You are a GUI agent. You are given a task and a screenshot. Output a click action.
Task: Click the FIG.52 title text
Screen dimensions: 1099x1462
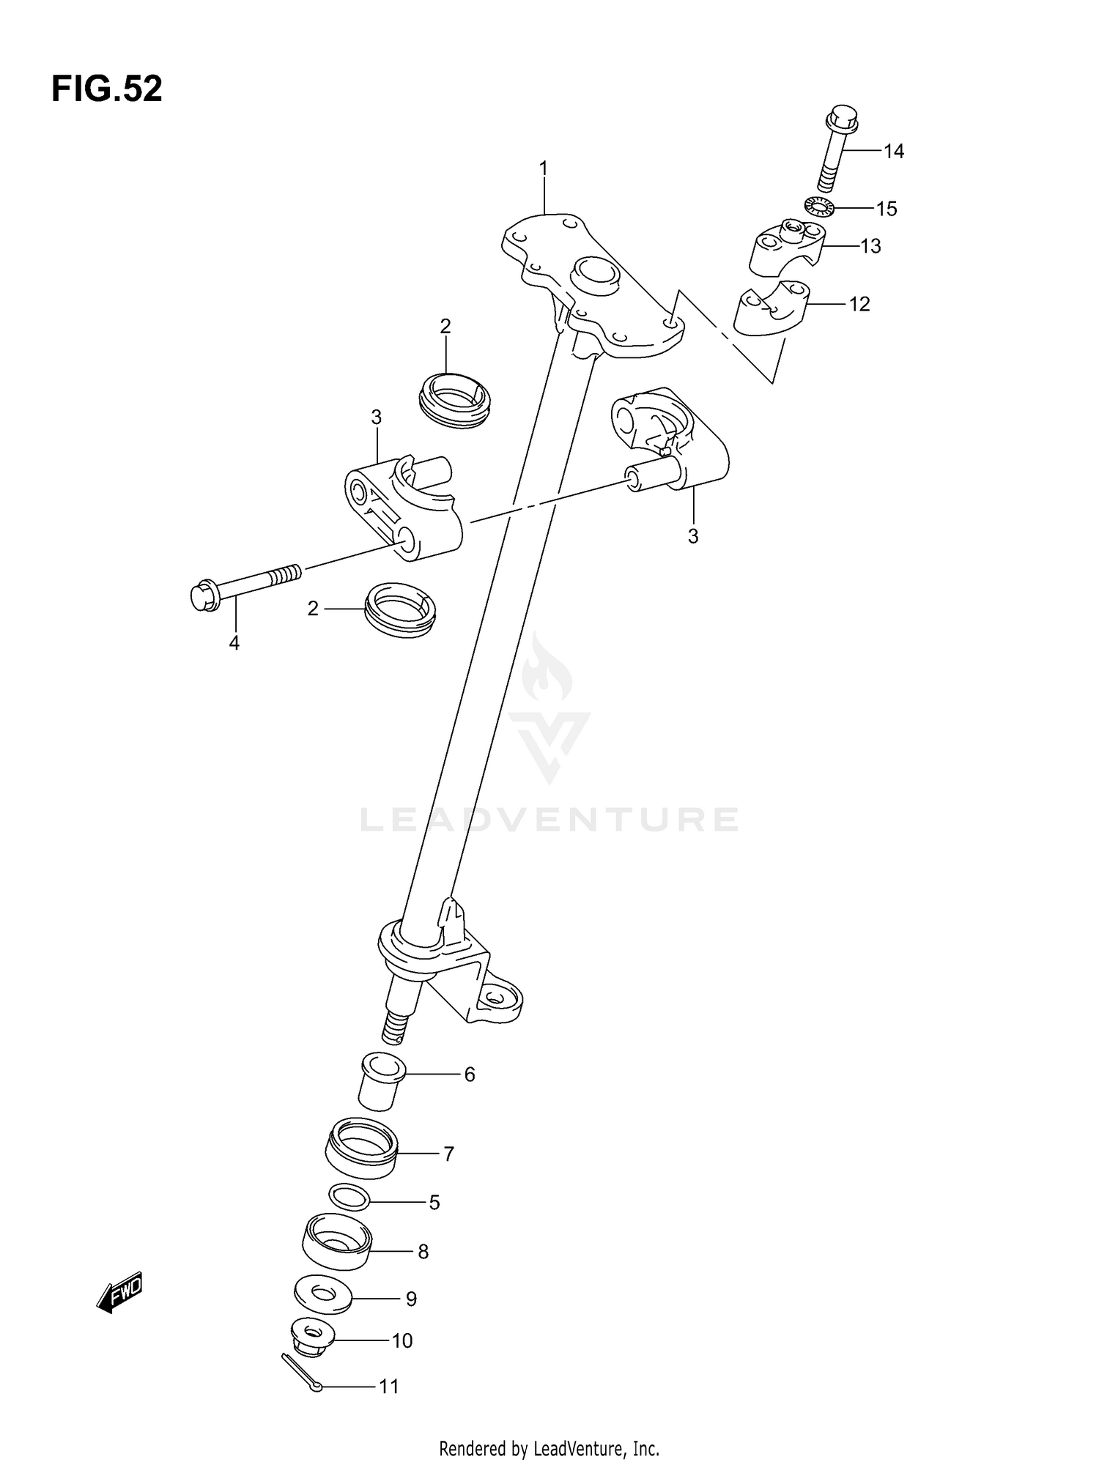coord(107,89)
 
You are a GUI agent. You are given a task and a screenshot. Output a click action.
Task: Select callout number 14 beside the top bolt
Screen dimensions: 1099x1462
coord(894,152)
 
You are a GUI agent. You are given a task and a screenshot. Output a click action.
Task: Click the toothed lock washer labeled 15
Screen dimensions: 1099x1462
coord(820,207)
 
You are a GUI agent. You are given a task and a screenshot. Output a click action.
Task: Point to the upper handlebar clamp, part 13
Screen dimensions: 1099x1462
coord(786,249)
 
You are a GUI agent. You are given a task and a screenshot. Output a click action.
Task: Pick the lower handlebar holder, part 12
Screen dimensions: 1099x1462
coord(769,311)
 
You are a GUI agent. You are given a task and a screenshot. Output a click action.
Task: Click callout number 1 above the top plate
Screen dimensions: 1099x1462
coord(544,169)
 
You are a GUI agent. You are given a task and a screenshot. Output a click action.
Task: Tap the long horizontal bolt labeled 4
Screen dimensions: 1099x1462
coord(245,584)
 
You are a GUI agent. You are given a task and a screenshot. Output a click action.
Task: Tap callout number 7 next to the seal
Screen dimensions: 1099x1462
coord(449,1154)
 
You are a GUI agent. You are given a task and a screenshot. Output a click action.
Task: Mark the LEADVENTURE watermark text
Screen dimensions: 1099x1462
coord(549,820)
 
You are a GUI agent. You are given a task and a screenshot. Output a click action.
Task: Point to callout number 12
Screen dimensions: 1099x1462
coord(859,304)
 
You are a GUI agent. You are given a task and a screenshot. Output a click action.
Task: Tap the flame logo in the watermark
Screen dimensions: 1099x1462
coord(547,670)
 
